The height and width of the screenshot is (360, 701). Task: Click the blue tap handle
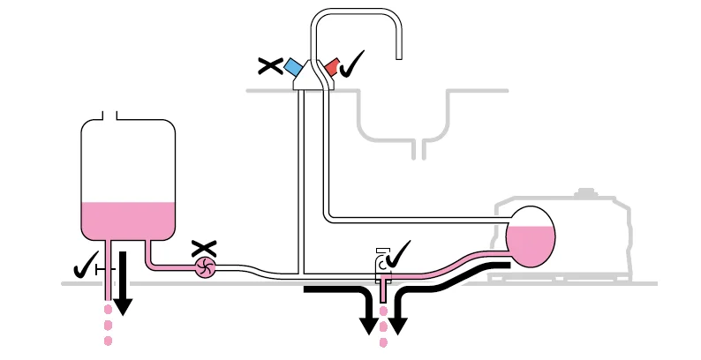294,69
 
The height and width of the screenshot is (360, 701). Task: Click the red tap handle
332,67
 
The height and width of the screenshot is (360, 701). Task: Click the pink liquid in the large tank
128,221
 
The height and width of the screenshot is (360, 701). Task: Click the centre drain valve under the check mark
383,276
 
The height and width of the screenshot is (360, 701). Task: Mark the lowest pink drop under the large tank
109,341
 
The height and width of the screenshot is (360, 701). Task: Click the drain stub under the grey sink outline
423,149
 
